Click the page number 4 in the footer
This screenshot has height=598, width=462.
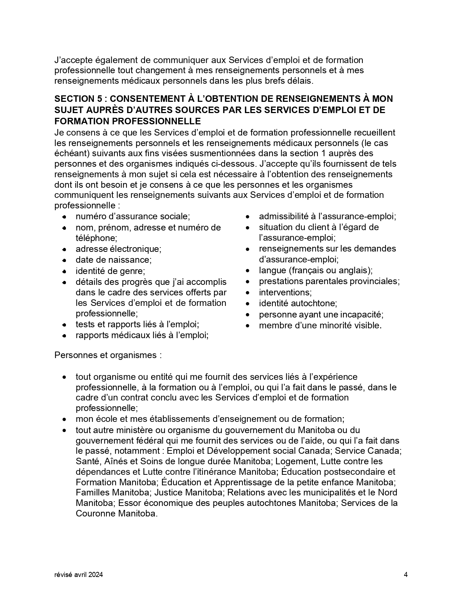point(406,574)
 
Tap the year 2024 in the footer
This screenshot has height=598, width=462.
point(96,574)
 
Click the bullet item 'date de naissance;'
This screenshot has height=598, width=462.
point(113,260)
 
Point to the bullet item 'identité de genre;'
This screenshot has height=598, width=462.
point(110,271)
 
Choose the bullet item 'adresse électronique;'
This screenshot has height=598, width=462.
point(118,249)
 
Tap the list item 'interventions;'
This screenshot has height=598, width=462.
point(285,292)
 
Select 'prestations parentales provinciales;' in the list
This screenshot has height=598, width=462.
point(329,281)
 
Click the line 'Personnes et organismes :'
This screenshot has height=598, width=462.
point(108,355)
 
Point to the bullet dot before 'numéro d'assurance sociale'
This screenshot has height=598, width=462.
point(64,217)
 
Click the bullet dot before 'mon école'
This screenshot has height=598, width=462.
point(64,419)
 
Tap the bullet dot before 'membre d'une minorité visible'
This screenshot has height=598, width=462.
point(247,326)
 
